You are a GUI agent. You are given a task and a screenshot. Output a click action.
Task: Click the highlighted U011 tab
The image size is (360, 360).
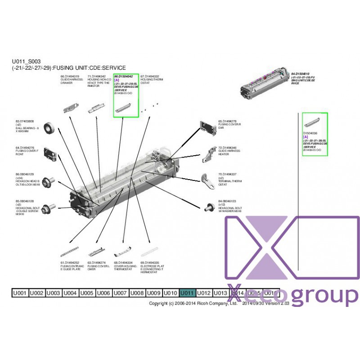tap(188, 293)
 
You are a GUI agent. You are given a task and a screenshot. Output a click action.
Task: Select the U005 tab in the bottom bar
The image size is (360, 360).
tap(87, 293)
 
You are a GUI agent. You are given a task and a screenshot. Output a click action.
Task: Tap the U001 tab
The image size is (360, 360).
tap(20, 293)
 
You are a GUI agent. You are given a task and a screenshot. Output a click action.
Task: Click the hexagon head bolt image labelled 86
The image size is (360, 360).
tap(49, 180)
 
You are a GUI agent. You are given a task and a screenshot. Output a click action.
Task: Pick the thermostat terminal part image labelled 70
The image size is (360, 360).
tap(208, 181)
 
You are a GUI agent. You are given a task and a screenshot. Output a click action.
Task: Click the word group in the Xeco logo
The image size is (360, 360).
tap(324, 296)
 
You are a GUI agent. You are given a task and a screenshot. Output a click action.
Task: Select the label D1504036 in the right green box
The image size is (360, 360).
tap(311, 133)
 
